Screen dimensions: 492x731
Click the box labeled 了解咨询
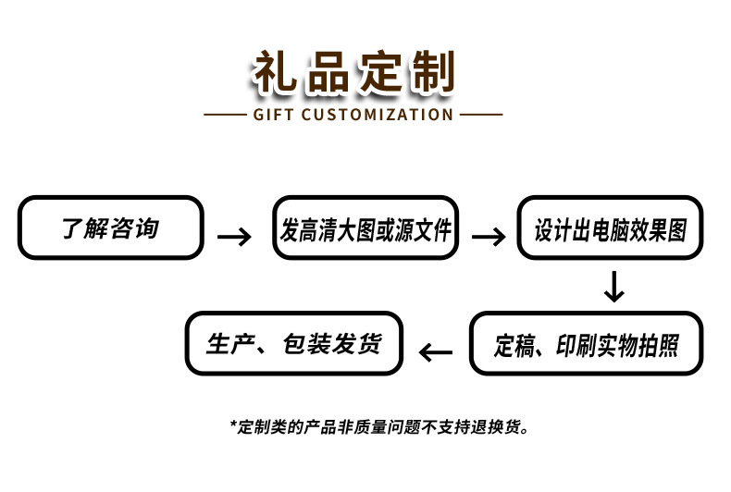tap(110, 228)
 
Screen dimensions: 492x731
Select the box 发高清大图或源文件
tap(366, 228)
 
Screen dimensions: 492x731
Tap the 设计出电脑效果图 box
tap(611, 228)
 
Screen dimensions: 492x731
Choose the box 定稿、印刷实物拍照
tap(586, 343)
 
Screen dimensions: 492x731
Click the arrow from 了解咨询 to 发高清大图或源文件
tap(234, 237)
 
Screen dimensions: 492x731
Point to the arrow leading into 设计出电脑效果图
tap(489, 237)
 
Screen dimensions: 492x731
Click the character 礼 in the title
tap(277, 73)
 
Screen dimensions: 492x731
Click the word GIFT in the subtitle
tap(272, 115)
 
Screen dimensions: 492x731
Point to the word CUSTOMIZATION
tap(378, 115)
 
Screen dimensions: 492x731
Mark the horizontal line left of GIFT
tap(223, 115)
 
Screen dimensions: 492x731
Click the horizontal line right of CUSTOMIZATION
tap(481, 115)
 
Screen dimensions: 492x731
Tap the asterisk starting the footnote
tap(233, 425)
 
